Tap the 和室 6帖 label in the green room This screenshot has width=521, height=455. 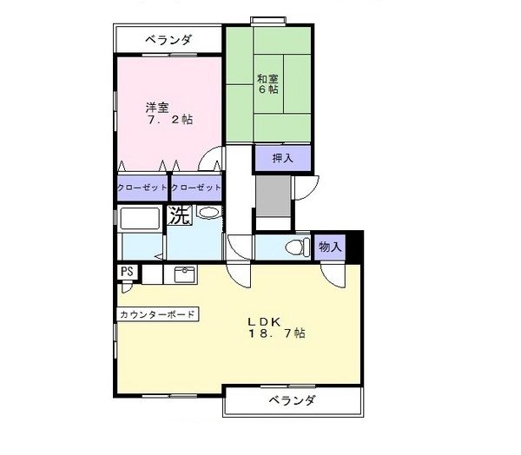click(267, 82)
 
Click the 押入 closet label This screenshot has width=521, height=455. click(282, 158)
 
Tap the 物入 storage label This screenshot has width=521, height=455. click(330, 247)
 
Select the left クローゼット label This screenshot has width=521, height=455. click(142, 188)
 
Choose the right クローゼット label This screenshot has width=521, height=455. click(196, 188)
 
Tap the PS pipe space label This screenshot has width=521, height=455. click(127, 272)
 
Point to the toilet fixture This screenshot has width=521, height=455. click(295, 247)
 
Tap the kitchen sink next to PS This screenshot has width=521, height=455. click(183, 274)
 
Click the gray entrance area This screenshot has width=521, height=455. click(273, 199)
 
